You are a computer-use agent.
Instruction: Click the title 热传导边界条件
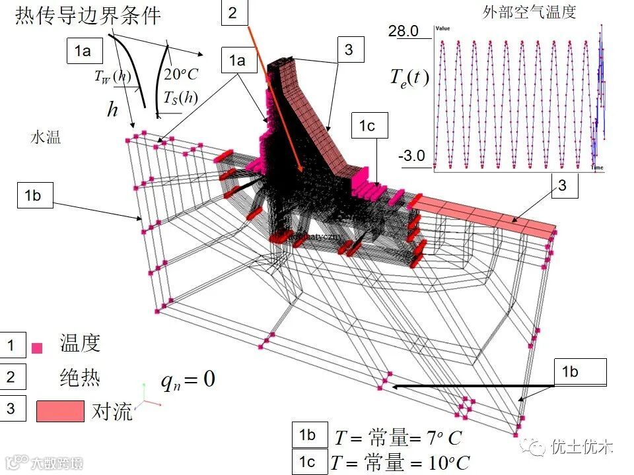point(88,15)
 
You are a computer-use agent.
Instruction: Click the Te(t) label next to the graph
point(409,77)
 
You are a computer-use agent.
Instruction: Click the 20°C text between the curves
point(181,74)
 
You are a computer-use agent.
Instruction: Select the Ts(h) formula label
point(180,98)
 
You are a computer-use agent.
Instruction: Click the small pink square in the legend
point(37,348)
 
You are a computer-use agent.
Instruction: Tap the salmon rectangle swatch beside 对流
point(60,410)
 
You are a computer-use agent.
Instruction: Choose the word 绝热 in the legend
point(79,377)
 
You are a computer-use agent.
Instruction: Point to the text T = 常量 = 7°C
point(398,437)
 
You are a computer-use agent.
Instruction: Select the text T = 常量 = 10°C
point(402,462)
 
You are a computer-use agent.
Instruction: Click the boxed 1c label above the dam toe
point(367,126)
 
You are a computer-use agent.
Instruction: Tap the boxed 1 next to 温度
point(11,345)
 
